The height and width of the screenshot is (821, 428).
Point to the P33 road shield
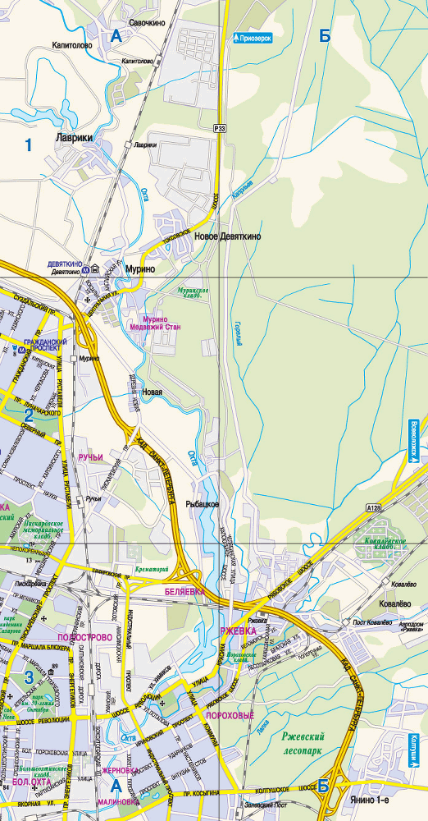click(x=220, y=128)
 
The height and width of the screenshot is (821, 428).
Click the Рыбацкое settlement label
click(x=202, y=504)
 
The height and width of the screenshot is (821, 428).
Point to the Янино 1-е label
click(x=374, y=799)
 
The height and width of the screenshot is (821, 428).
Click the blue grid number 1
click(x=28, y=146)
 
